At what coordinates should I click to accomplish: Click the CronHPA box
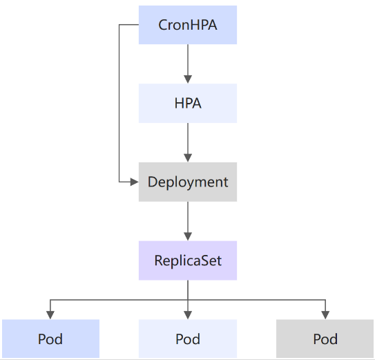[x=188, y=25]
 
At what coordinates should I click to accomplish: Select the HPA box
[x=188, y=104]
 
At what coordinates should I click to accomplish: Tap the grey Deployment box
[x=188, y=182]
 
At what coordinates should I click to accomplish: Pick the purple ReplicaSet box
[x=188, y=260]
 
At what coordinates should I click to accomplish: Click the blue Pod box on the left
[x=50, y=339]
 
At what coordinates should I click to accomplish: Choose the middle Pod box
[x=188, y=339]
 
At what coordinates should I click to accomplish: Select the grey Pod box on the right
[x=325, y=339]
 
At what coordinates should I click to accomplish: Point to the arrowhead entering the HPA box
[x=188, y=79]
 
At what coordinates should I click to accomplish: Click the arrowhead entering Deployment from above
[x=188, y=158]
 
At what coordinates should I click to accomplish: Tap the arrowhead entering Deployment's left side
[x=135, y=182]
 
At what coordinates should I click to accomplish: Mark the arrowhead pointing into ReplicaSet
[x=188, y=236]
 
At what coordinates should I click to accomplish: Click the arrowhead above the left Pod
[x=50, y=315]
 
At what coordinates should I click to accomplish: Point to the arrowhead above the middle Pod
[x=188, y=315]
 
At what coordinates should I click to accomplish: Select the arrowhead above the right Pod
[x=325, y=315]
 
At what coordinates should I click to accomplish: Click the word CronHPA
[x=188, y=25]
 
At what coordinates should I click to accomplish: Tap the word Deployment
[x=188, y=182]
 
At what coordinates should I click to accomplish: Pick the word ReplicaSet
[x=188, y=260]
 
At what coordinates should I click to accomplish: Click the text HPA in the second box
[x=188, y=104]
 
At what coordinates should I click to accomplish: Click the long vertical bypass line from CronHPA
[x=119, y=103]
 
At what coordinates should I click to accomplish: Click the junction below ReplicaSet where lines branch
[x=188, y=300]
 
